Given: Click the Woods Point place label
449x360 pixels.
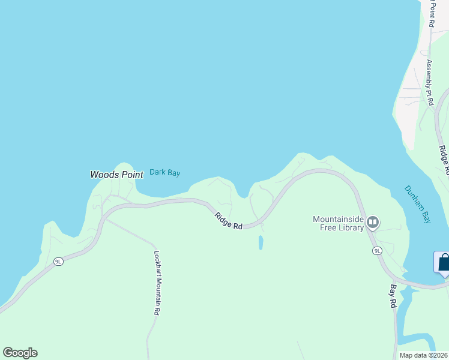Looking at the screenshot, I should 116,175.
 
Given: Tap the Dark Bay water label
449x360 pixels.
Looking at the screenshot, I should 164,172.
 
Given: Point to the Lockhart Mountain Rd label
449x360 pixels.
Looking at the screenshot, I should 157,283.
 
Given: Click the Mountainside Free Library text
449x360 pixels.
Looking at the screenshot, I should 339,223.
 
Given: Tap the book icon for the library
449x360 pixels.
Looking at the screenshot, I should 373,223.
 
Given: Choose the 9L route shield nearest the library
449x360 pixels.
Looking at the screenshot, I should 377,250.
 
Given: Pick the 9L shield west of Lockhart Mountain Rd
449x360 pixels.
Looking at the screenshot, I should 58,262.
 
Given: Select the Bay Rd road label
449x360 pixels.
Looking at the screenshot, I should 393,296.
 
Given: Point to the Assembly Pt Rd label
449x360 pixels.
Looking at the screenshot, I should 429,82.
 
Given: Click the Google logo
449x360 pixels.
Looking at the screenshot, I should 20,353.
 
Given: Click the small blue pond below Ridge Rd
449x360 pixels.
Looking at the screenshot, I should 261,242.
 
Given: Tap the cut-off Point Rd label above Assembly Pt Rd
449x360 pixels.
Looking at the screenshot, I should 431,13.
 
